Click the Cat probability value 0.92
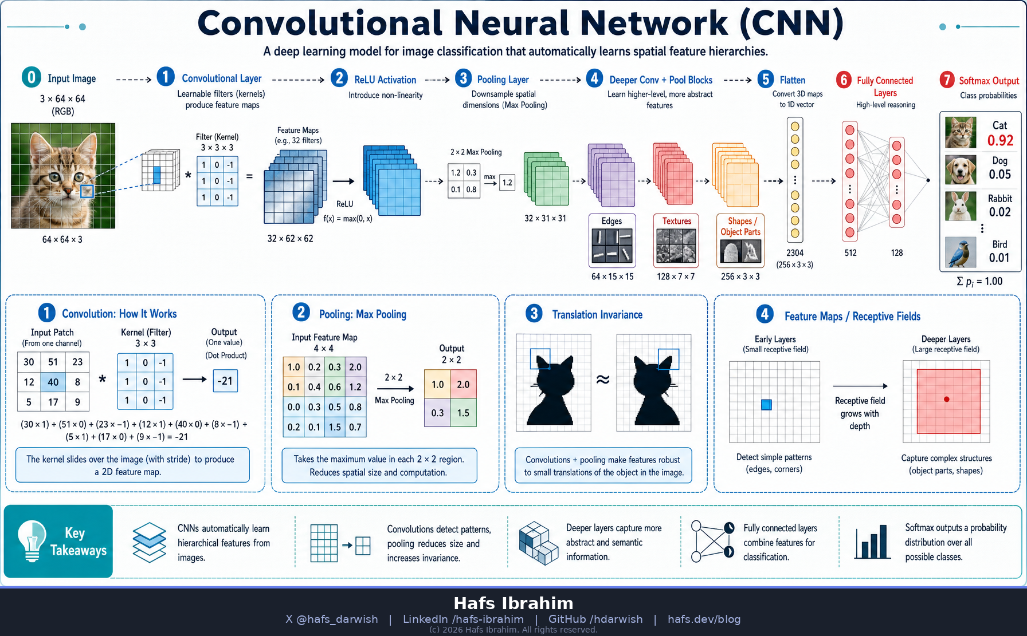(1000, 140)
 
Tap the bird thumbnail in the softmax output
(961, 252)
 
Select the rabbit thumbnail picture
(961, 206)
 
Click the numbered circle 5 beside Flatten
(766, 79)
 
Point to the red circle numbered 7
(947, 80)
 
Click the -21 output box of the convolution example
(225, 381)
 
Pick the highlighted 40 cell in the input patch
(53, 382)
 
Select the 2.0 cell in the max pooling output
(463, 385)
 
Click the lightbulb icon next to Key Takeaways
(32, 540)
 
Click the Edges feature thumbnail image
(612, 246)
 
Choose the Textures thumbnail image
(676, 246)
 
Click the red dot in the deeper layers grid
(947, 399)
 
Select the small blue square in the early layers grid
(766, 405)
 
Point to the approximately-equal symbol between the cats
(603, 380)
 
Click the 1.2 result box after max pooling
(507, 183)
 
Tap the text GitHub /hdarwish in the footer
(595, 619)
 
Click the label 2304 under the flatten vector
(795, 252)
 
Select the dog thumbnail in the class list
(961, 169)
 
